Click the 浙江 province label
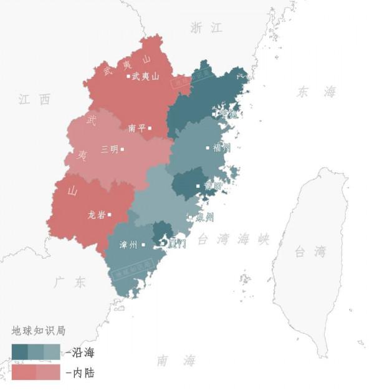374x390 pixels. (x=206, y=27)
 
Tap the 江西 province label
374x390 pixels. (x=34, y=99)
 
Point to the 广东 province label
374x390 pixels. (x=69, y=282)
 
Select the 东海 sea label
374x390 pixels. (x=316, y=92)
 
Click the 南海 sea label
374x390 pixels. (x=176, y=361)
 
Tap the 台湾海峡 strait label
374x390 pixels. (x=233, y=239)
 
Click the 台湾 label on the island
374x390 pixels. (x=310, y=252)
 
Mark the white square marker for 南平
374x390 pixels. (x=150, y=128)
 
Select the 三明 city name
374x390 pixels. (x=109, y=149)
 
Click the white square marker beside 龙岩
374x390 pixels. (x=109, y=215)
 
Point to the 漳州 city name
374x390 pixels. (x=128, y=245)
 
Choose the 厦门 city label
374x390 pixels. (x=177, y=243)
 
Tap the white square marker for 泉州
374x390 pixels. (x=190, y=217)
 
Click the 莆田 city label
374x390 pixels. (x=213, y=186)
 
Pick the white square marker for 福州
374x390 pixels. (x=208, y=148)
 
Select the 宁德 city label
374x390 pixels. (x=227, y=114)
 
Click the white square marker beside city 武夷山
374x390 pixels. (x=128, y=76)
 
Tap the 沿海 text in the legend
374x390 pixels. (x=84, y=353)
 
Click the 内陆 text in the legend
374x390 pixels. (x=84, y=373)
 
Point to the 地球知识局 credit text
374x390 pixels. (x=39, y=330)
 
